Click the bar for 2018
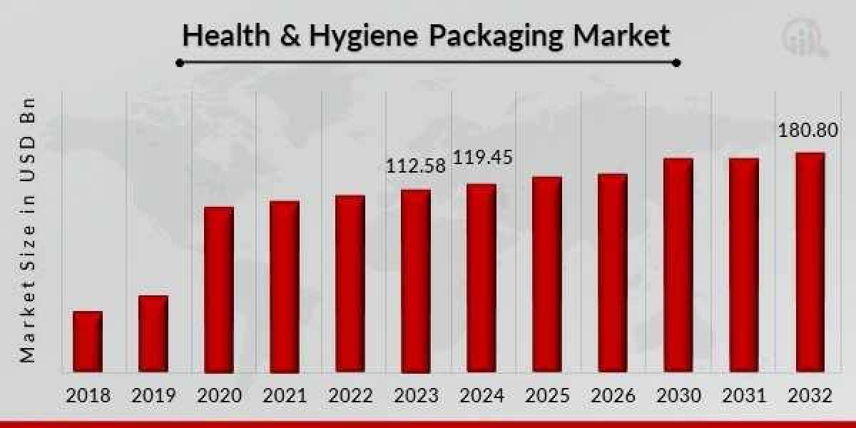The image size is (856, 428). [88, 342]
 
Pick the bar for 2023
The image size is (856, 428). [415, 281]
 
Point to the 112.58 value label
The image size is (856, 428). [415, 166]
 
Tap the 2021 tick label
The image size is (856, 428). [285, 395]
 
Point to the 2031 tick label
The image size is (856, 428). [743, 395]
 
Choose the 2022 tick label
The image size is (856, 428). [350, 395]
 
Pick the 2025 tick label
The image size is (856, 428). [546, 395]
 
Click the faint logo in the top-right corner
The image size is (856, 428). [804, 37]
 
